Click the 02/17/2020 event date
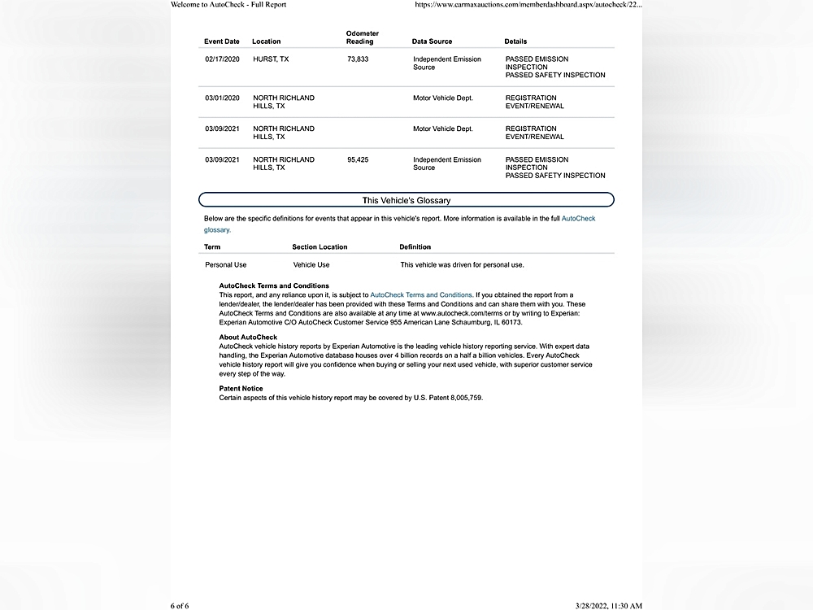(x=222, y=59)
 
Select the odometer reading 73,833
(x=358, y=59)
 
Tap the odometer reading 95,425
(x=358, y=160)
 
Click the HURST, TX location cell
(x=271, y=59)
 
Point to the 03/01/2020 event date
(x=222, y=98)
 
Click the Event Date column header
(x=222, y=41)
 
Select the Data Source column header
(x=432, y=41)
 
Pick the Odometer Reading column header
(x=362, y=37)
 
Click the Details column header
(x=515, y=41)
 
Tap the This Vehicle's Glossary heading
(x=406, y=200)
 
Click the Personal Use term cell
(x=225, y=265)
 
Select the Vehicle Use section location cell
(x=311, y=265)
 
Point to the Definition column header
(x=415, y=247)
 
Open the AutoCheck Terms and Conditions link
(x=420, y=294)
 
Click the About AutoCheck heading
(x=248, y=338)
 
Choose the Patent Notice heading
(x=241, y=389)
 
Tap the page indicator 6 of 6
(x=180, y=605)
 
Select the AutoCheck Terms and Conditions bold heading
(x=274, y=286)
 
